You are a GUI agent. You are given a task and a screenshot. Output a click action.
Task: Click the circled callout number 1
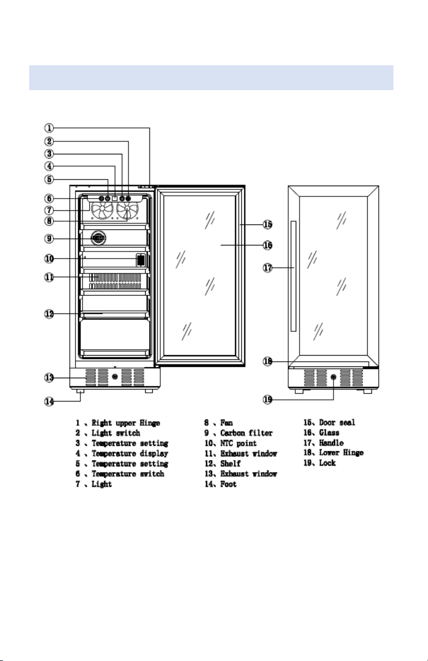(x=49, y=128)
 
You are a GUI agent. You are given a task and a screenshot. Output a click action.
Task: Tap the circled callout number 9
(x=49, y=238)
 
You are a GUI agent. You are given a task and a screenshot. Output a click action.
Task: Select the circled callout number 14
(x=49, y=401)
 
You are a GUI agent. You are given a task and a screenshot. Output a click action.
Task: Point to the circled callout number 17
(x=267, y=268)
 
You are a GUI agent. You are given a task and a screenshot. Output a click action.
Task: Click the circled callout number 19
(x=267, y=399)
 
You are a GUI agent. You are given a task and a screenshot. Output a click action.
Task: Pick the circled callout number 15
(x=267, y=224)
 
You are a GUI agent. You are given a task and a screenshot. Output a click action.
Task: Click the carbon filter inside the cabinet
(x=98, y=238)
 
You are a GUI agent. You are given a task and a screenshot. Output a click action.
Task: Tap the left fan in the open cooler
(x=102, y=210)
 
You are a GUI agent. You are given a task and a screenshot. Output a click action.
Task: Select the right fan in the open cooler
(x=127, y=210)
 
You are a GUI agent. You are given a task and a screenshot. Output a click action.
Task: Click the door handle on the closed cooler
(x=294, y=276)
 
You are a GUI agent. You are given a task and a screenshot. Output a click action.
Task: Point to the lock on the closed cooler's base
(x=333, y=377)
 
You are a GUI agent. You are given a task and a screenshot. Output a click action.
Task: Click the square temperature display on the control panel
(x=115, y=199)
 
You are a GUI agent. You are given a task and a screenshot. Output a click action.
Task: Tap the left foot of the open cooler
(x=80, y=391)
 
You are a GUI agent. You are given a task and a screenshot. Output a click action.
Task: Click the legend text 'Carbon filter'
(x=246, y=433)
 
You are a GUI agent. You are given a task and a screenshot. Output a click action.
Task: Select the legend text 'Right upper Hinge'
(x=126, y=423)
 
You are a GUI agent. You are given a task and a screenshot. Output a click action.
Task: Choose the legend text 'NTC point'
(x=239, y=443)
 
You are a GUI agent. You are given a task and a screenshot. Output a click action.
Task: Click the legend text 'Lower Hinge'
(x=341, y=453)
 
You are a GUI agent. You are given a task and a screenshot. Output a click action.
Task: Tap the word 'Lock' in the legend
(x=328, y=463)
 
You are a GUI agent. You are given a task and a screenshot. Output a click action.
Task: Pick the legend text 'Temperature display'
(x=130, y=454)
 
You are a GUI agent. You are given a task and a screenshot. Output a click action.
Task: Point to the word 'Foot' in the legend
(x=228, y=484)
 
